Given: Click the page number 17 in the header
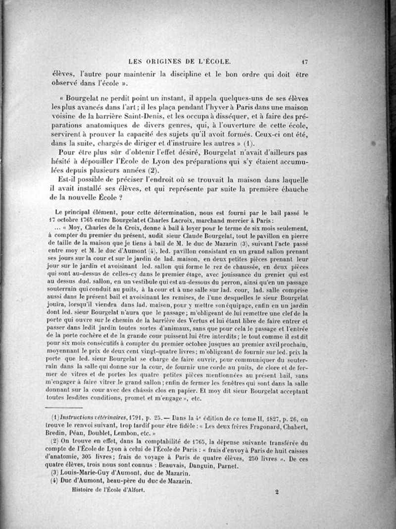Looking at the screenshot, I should (305, 62).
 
